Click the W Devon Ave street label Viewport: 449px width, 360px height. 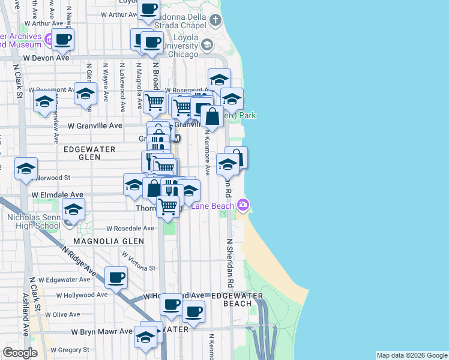click(x=46, y=59)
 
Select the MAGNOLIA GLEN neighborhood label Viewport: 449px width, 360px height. click(x=109, y=241)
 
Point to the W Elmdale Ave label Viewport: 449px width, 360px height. click(x=58, y=195)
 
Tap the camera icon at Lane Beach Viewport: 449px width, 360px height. click(x=243, y=206)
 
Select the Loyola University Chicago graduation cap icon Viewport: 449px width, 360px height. click(x=207, y=45)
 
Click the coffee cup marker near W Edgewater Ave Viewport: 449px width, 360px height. click(x=116, y=277)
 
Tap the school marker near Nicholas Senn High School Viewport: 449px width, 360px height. click(x=73, y=210)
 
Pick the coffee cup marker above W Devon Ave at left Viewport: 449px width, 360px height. click(x=62, y=40)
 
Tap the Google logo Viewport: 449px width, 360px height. click(x=20, y=353)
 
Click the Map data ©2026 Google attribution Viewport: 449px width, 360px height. click(x=412, y=355)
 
